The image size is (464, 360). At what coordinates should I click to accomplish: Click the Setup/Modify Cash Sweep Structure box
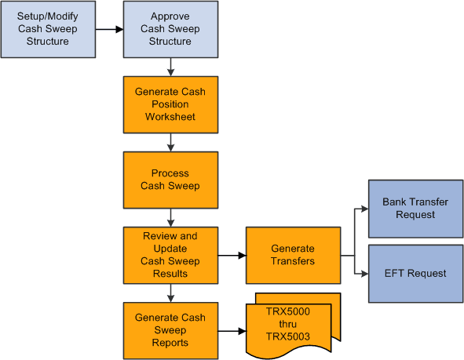(47, 30)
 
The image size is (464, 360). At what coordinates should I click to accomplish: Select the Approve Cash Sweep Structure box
(170, 30)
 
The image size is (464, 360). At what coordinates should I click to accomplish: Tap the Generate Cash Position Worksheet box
(170, 104)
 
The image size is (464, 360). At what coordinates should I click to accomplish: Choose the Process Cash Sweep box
(170, 180)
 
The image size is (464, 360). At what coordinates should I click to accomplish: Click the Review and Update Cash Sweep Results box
(170, 255)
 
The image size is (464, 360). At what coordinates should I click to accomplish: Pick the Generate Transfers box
(293, 255)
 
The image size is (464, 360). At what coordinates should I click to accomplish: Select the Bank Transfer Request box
(415, 209)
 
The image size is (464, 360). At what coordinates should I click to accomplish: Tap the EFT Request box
(415, 273)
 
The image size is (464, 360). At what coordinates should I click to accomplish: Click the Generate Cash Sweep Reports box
(170, 330)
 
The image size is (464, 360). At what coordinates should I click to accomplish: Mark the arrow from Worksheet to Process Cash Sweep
(170, 142)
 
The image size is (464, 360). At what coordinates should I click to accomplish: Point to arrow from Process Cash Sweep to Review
(170, 217)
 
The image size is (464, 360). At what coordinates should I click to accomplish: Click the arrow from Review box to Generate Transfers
(232, 255)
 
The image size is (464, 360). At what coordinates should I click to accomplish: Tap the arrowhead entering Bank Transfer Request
(364, 209)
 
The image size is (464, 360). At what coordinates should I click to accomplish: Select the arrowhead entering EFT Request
(364, 273)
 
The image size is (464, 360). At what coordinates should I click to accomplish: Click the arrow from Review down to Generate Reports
(170, 293)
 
